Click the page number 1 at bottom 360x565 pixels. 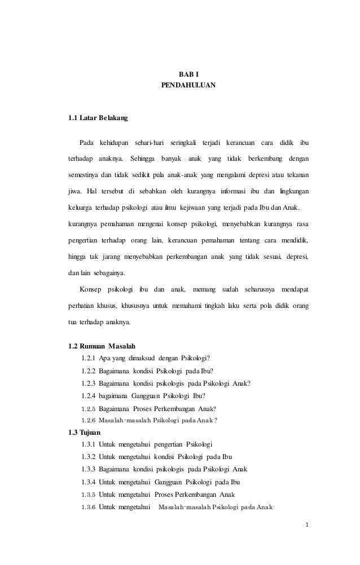coord(306,526)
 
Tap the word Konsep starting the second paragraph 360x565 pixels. coord(90,290)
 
